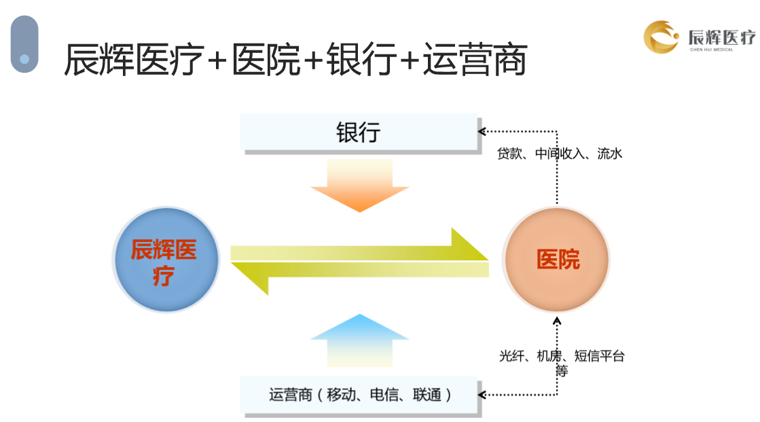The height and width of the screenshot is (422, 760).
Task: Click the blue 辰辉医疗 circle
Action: [x=166, y=260]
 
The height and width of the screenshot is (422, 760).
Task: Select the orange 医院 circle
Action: [x=556, y=259]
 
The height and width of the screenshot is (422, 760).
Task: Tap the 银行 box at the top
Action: [x=359, y=132]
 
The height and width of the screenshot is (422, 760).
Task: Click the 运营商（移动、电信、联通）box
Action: [x=359, y=394]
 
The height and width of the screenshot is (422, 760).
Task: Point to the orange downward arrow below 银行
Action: [x=360, y=186]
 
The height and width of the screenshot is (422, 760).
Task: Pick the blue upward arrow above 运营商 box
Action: [x=360, y=340]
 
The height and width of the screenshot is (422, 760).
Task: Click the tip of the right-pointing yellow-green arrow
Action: [x=488, y=260]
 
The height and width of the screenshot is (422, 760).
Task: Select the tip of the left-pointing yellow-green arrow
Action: [x=232, y=264]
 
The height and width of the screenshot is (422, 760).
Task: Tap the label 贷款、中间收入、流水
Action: [x=560, y=154]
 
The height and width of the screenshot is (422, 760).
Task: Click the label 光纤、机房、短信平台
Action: [x=562, y=356]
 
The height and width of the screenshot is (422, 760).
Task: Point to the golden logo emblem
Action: [x=661, y=37]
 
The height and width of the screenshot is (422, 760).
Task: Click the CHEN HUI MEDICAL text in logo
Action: [x=712, y=50]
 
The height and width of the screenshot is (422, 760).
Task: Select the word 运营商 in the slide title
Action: [x=475, y=60]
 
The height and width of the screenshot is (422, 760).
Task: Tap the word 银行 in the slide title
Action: [x=361, y=59]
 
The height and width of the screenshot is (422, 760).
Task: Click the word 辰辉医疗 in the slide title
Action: [x=134, y=60]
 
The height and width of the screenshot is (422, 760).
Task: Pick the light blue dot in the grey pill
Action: [x=24, y=59]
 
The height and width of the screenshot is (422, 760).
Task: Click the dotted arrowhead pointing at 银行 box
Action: [x=481, y=131]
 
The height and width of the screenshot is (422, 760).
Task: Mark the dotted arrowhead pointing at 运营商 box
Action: [x=481, y=394]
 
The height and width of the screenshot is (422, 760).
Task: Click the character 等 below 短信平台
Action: [x=561, y=371]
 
